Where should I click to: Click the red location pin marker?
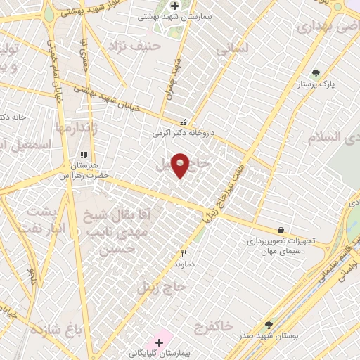tap(181, 165)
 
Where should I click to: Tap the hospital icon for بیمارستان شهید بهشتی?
tap(174, 6)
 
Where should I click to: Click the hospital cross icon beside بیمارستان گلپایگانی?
tap(160, 343)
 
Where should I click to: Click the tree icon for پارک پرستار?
tap(316, 73)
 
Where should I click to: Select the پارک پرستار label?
tap(316, 84)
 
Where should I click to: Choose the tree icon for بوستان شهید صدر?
tap(269, 325)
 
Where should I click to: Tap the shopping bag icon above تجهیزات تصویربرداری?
tap(281, 230)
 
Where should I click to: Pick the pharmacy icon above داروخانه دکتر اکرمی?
tap(184, 122)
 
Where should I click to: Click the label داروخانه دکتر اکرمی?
tap(183, 132)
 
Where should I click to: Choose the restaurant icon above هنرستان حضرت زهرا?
tap(83, 155)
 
